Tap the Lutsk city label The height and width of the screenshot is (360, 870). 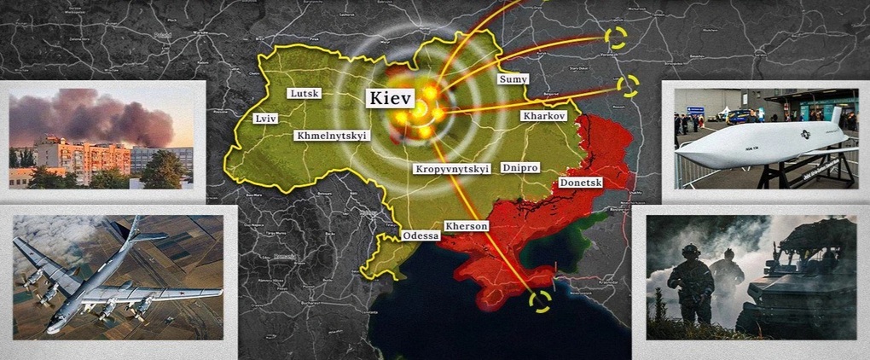(x=304, y=93)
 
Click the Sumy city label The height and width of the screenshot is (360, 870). (x=513, y=78)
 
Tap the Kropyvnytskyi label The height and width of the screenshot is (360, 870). (x=451, y=169)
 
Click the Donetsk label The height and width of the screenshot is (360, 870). (x=581, y=183)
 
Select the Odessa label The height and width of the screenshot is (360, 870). (x=420, y=235)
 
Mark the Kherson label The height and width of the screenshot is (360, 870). (x=466, y=226)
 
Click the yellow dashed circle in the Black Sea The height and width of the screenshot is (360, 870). (x=539, y=301)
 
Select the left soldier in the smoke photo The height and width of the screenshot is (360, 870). (x=690, y=282)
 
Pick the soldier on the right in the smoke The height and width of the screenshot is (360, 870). (x=728, y=273)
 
